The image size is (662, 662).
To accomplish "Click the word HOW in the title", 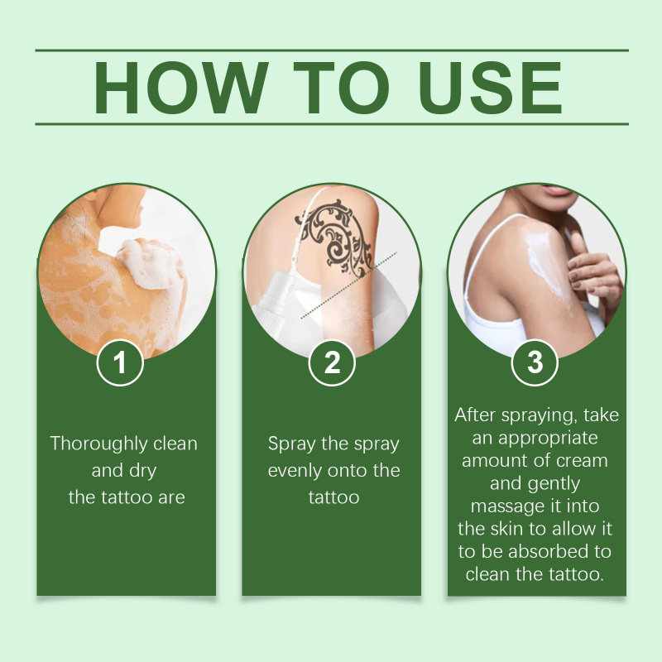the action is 180,88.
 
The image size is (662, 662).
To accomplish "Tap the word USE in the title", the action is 490,88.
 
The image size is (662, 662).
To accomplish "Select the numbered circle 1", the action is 120,362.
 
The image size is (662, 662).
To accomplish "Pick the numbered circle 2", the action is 332,362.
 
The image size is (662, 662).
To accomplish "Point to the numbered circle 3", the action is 535,362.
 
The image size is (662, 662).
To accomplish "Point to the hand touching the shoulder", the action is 593,271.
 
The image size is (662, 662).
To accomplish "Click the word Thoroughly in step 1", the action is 98,444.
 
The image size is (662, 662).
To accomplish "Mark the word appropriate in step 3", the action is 548,439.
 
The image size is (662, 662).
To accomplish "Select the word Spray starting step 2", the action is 292,444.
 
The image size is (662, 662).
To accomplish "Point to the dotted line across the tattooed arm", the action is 349,285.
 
